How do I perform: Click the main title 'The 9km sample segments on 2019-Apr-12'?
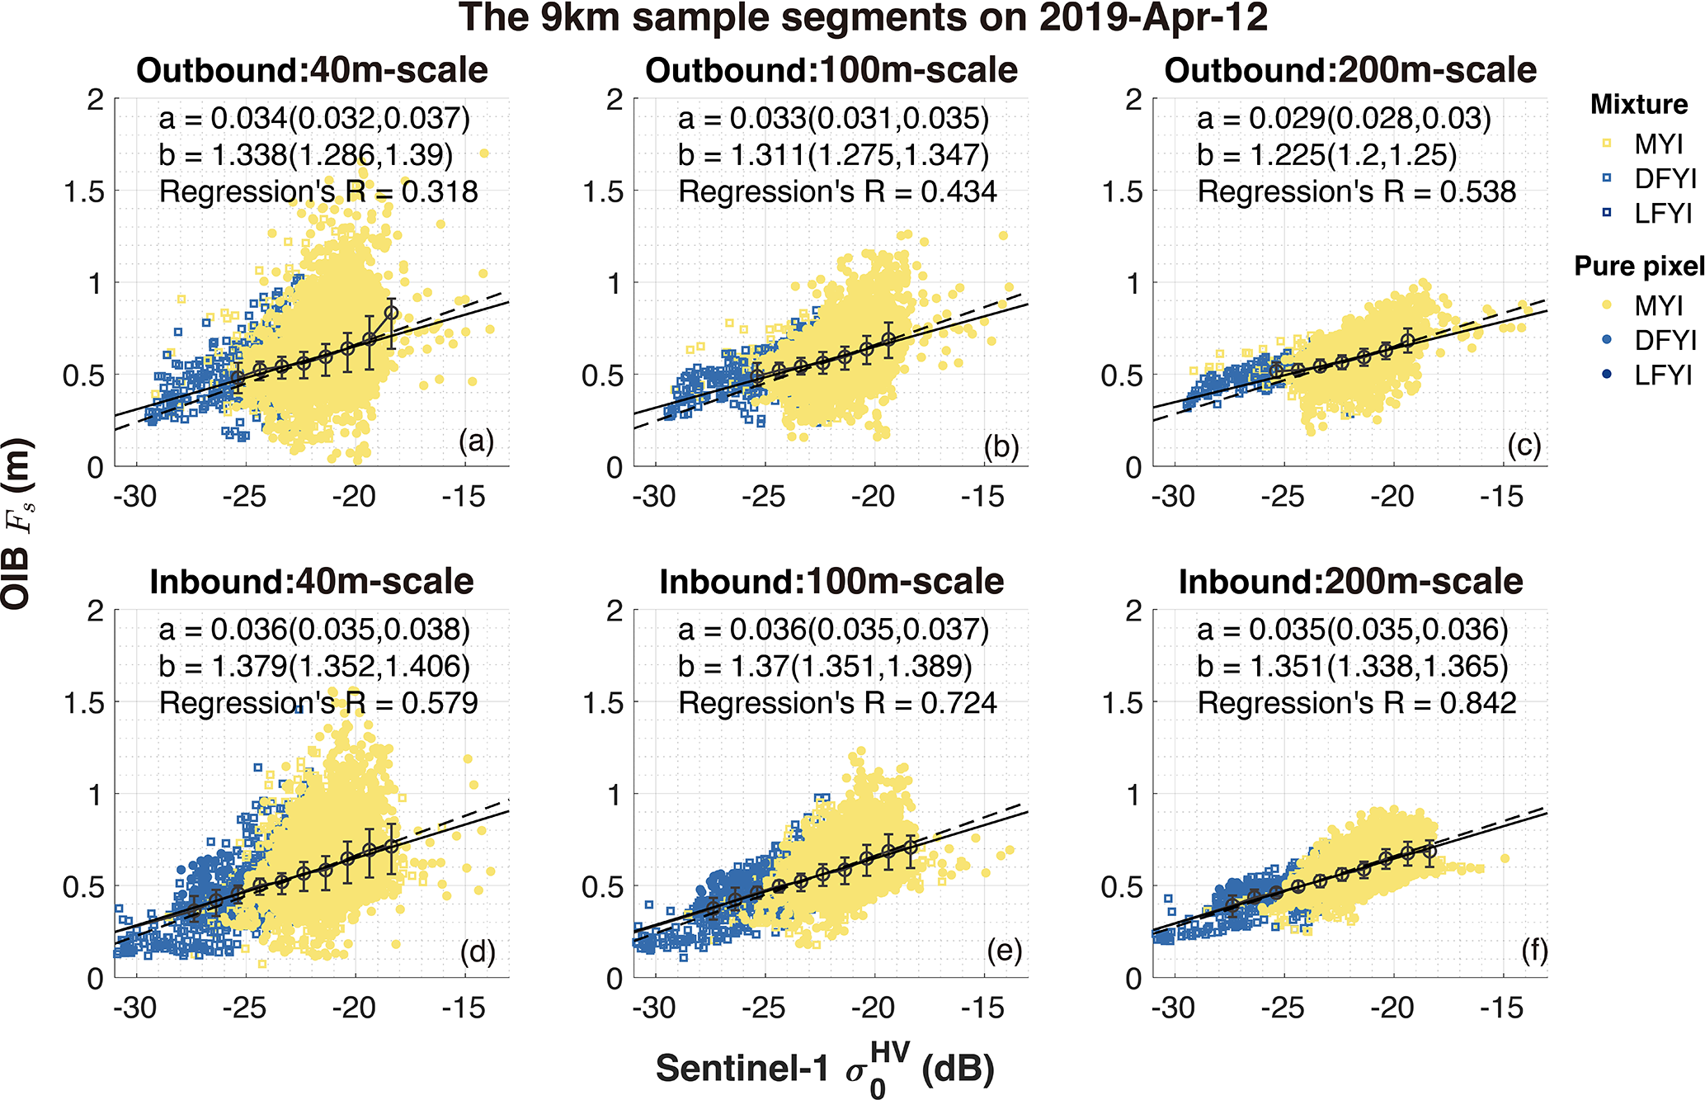coord(863,18)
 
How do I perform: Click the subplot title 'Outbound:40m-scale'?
coord(312,71)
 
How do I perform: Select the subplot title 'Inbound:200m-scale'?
coord(1350,583)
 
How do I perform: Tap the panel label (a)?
coord(477,442)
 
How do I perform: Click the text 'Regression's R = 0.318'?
coord(318,192)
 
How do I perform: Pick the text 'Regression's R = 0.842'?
coord(1357,703)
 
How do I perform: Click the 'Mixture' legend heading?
coord(1639,105)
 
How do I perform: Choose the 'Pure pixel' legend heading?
coord(1639,267)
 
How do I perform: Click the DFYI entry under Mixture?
coord(1664,179)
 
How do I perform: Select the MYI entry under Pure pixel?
coord(1658,306)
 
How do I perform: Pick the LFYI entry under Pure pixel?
coord(1664,375)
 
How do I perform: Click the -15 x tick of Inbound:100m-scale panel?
coord(983,1008)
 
